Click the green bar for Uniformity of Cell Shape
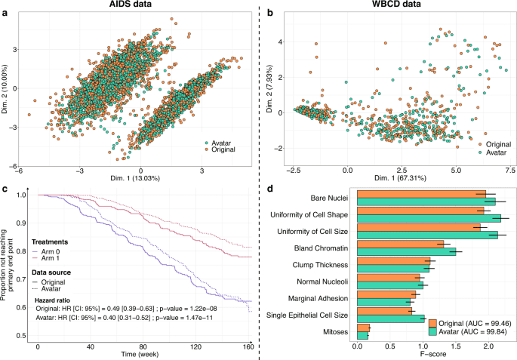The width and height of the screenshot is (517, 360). (428, 218)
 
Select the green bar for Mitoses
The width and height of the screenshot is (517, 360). (362, 334)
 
